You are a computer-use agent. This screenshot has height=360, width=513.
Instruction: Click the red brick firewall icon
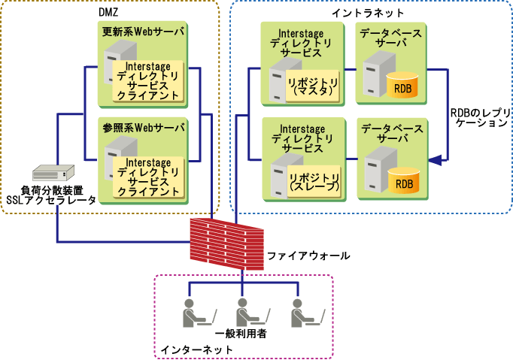tap(225, 241)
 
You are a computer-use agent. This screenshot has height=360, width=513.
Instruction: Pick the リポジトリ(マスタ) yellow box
tap(313, 84)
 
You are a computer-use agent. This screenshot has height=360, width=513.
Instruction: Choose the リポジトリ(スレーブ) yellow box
tap(313, 180)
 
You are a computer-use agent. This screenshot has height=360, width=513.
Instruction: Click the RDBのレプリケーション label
tap(479, 117)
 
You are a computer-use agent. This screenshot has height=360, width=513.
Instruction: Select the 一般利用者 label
tap(241, 332)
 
